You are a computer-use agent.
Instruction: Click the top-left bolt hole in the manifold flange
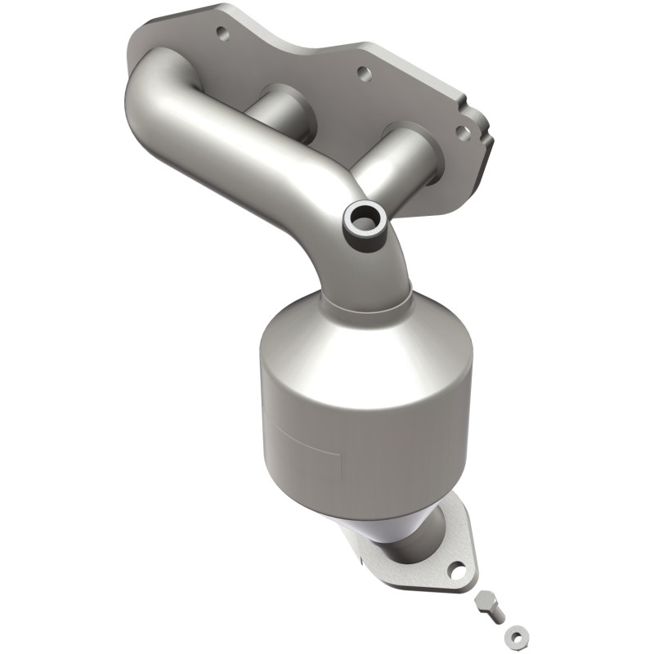coord(220,34)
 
